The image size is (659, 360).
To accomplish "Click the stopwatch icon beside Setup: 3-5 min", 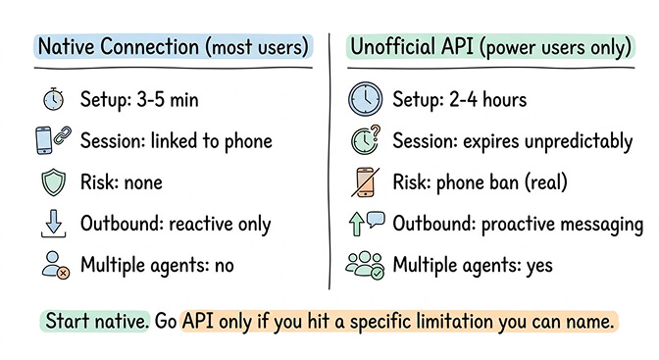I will [53, 99].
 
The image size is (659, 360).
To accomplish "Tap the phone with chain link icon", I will [53, 140].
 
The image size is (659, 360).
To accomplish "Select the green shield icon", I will [53, 182].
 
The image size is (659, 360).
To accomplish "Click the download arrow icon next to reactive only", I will [53, 224].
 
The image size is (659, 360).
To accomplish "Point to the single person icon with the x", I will [53, 265].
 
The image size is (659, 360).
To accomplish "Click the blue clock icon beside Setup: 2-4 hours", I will [365, 99].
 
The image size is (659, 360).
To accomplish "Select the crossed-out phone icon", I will [365, 182].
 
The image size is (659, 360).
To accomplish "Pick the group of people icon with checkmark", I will [365, 265].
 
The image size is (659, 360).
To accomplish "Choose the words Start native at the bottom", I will [95, 322].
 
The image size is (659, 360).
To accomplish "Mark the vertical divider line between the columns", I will [330, 167].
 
